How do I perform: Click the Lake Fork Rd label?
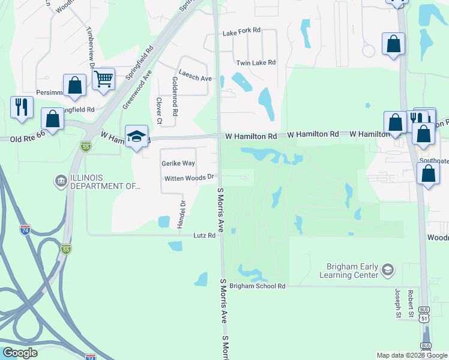pos(241,30)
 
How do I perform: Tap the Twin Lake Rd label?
pos(256,62)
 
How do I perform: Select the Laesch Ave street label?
pos(195,78)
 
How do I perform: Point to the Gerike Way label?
pos(178,163)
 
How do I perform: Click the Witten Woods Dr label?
pos(189,178)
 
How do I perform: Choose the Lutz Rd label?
pos(204,236)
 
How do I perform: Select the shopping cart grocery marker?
pos(103,78)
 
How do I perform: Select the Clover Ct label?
pos(159,111)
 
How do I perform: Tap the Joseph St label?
pos(397,302)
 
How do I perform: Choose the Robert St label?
pos(411,303)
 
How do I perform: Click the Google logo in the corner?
pos(20,353)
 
